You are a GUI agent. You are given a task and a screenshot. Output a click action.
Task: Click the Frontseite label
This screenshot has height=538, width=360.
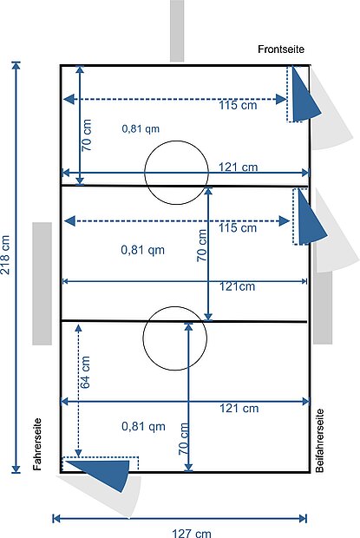click(281, 49)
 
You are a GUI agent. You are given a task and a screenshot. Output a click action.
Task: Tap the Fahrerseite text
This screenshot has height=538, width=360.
click(37, 444)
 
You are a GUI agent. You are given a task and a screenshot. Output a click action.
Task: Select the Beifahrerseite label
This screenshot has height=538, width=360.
click(319, 441)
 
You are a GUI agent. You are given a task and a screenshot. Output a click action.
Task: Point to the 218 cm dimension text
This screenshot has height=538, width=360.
click(5, 255)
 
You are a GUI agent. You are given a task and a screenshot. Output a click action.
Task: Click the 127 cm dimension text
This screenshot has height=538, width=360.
click(192, 533)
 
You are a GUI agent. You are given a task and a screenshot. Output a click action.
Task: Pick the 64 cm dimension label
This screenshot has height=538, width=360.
click(85, 372)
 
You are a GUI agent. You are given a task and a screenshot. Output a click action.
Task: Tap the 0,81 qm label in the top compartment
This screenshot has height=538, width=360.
click(141, 128)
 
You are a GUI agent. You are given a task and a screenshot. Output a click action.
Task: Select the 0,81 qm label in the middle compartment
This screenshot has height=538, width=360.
click(142, 250)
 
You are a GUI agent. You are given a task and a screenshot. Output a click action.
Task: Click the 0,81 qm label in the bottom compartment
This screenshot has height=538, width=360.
click(143, 426)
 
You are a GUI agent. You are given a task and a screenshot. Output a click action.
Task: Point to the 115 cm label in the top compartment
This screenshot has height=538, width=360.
click(238, 105)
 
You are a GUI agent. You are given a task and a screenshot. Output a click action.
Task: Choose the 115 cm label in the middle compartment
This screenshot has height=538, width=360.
click(238, 227)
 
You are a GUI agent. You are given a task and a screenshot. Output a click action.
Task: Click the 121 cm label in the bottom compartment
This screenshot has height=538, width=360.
click(239, 409)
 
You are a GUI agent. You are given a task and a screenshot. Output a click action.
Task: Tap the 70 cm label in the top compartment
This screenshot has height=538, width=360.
click(87, 135)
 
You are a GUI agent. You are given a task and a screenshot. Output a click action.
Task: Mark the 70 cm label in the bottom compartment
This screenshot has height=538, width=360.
click(184, 439)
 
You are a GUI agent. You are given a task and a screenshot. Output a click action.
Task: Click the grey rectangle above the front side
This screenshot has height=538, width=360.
click(177, 30)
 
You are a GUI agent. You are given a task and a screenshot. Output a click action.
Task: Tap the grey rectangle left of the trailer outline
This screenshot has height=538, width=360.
click(43, 284)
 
